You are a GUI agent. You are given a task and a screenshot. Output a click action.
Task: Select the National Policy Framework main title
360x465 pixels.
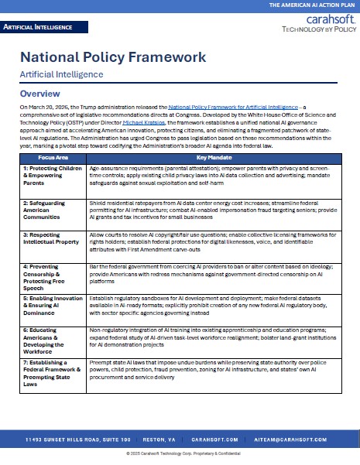coord(112,57)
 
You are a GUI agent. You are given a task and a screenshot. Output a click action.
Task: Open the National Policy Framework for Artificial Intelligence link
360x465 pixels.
coord(231,107)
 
